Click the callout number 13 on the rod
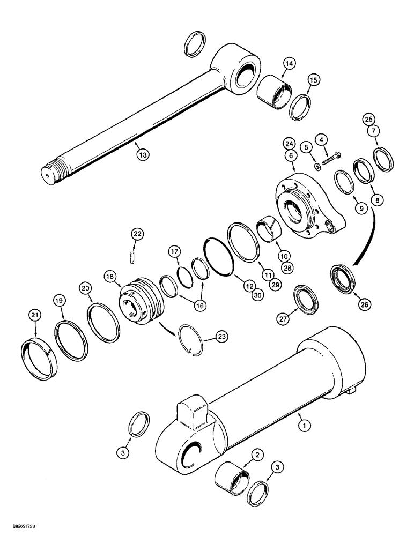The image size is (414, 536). (x=142, y=154)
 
